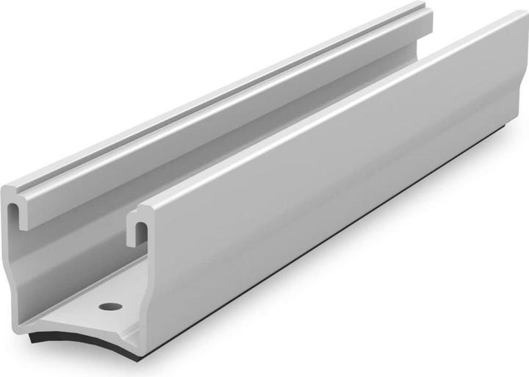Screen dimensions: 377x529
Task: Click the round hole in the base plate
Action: pos(110,306)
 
